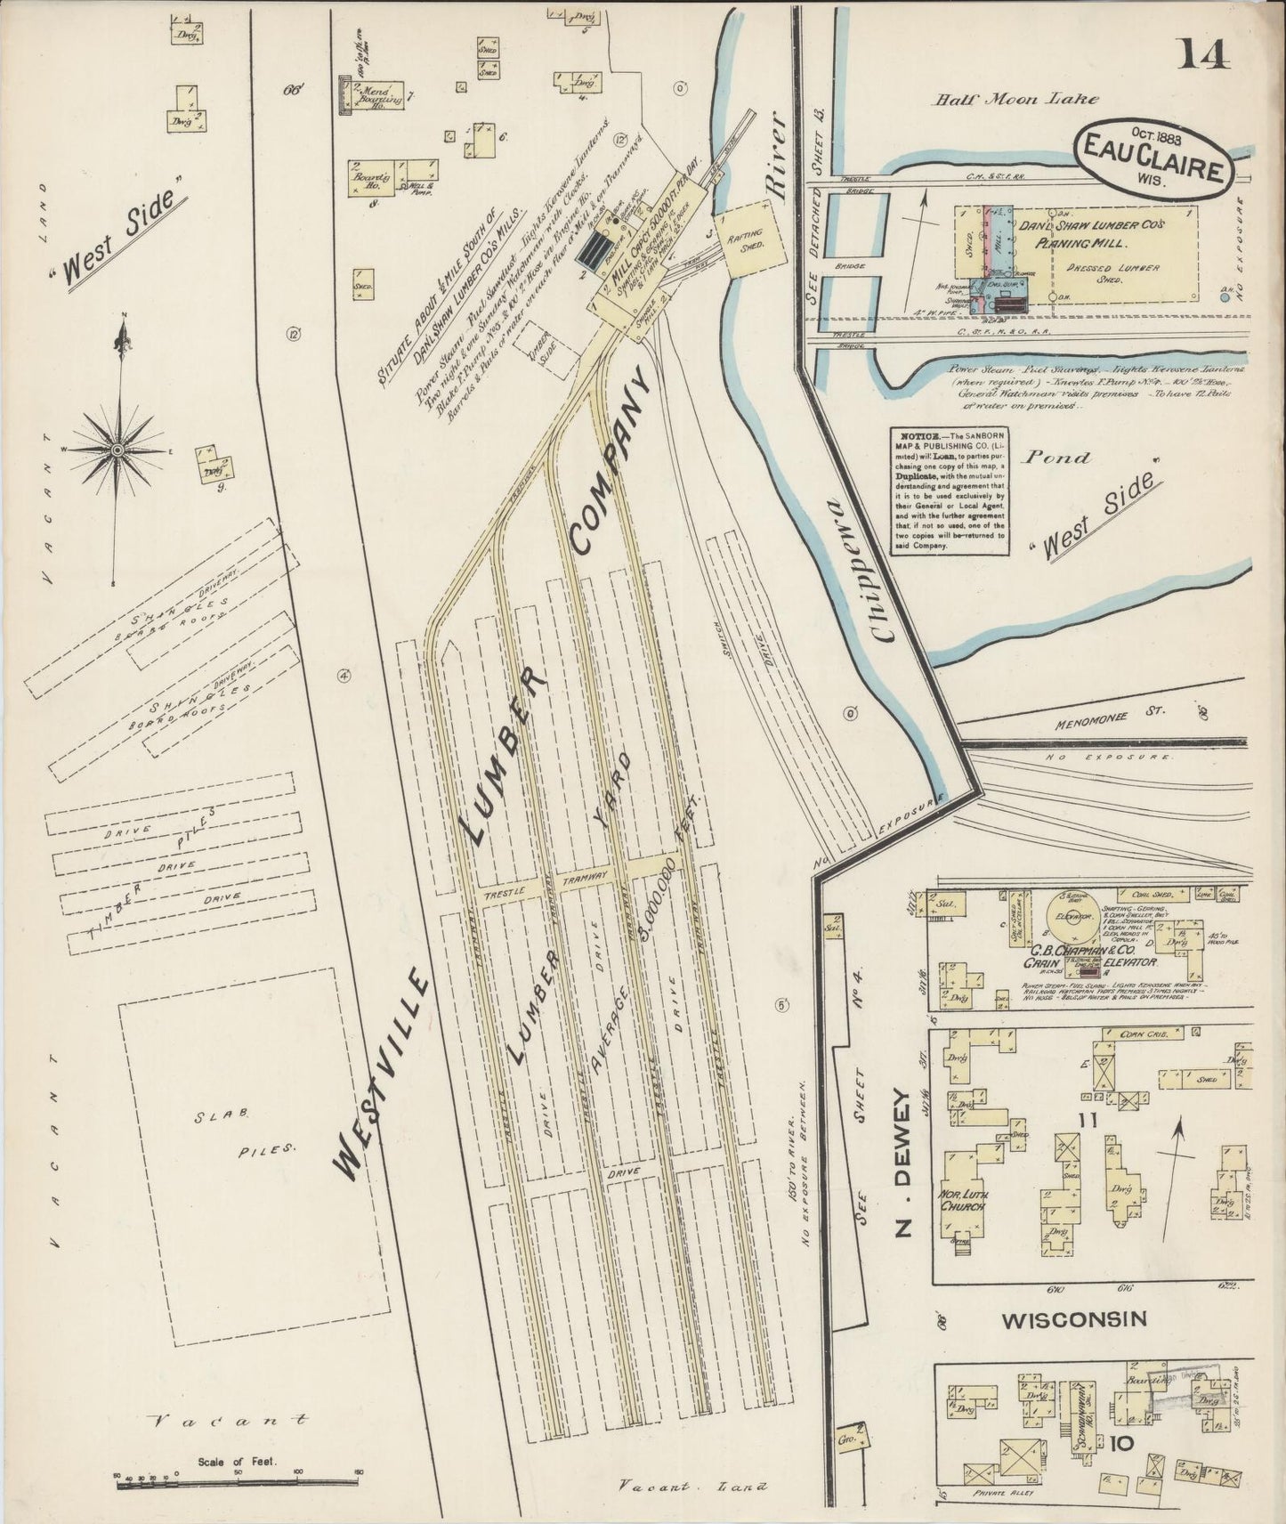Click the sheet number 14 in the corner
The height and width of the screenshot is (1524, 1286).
pyautogui.click(x=1205, y=54)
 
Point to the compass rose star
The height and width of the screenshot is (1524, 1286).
pyautogui.click(x=117, y=452)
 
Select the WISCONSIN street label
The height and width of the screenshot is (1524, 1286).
pyautogui.click(x=1074, y=1320)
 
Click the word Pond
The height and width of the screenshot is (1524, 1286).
pyautogui.click(x=1055, y=458)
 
